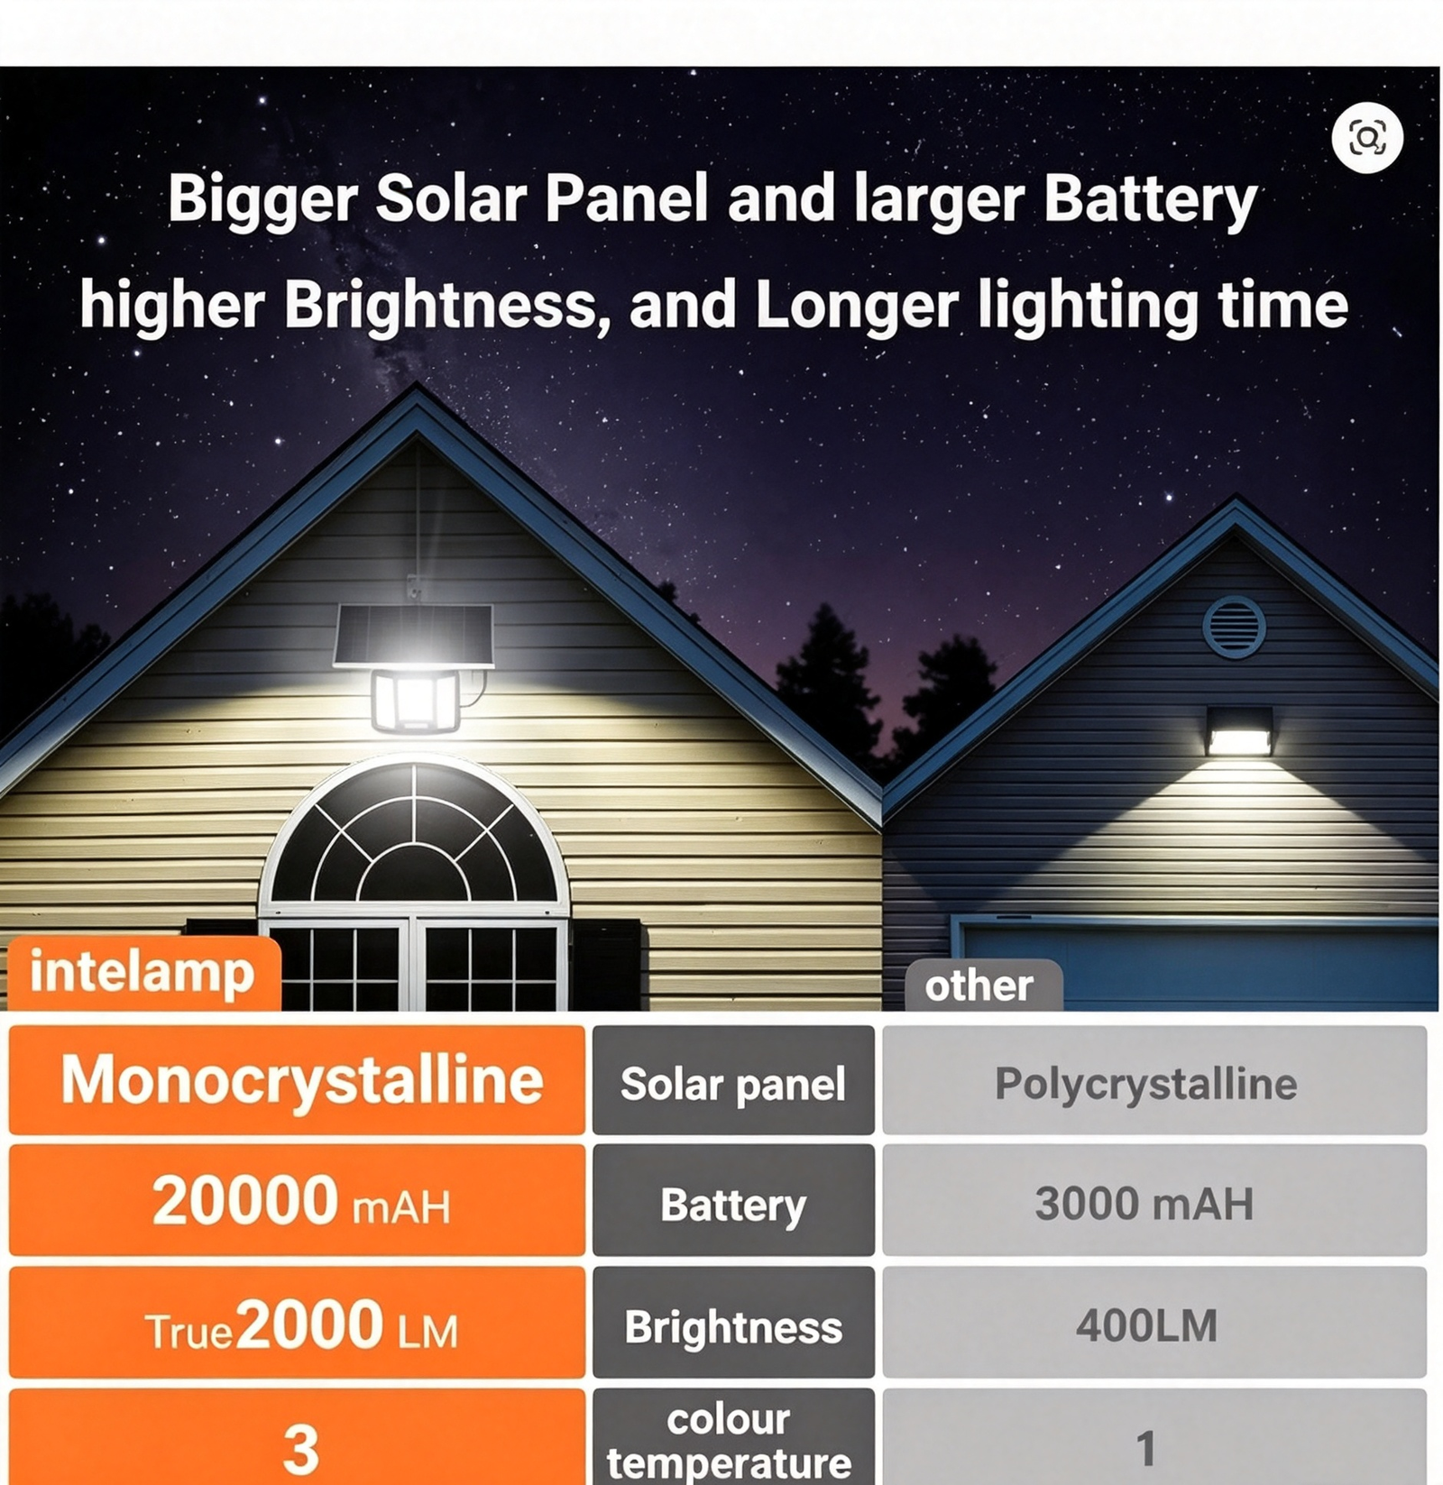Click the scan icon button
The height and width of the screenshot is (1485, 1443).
tap(1367, 138)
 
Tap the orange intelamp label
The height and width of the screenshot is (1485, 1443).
tap(144, 974)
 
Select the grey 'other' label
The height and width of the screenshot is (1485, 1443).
tap(983, 985)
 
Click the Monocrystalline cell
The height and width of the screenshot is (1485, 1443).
tap(297, 1079)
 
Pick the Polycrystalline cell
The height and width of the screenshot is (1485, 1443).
tap(1154, 1079)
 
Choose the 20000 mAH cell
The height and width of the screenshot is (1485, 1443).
tap(297, 1200)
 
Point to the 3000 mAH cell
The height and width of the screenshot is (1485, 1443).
tap(1154, 1200)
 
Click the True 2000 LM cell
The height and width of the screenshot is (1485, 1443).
tap(297, 1323)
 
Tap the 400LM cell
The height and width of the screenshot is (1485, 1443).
tap(1154, 1323)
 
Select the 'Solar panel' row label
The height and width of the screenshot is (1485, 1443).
tap(733, 1079)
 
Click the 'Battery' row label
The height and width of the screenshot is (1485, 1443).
tap(733, 1200)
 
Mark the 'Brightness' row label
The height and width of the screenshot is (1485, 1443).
tap(733, 1323)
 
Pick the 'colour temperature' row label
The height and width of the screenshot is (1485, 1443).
tap(733, 1437)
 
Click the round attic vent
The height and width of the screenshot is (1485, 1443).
tap(1234, 627)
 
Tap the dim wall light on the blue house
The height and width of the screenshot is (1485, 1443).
tap(1240, 731)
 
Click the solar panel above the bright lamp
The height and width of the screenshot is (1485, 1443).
tap(414, 636)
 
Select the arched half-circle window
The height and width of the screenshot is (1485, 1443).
tap(414, 830)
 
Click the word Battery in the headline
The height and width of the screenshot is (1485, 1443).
tap(1150, 201)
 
